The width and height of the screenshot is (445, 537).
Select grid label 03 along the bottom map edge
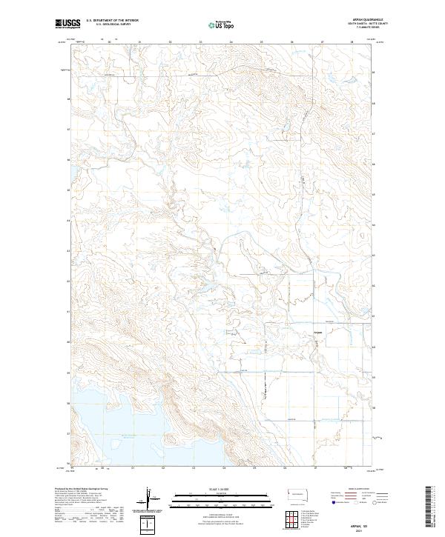pyautogui.click(x=193, y=468)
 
